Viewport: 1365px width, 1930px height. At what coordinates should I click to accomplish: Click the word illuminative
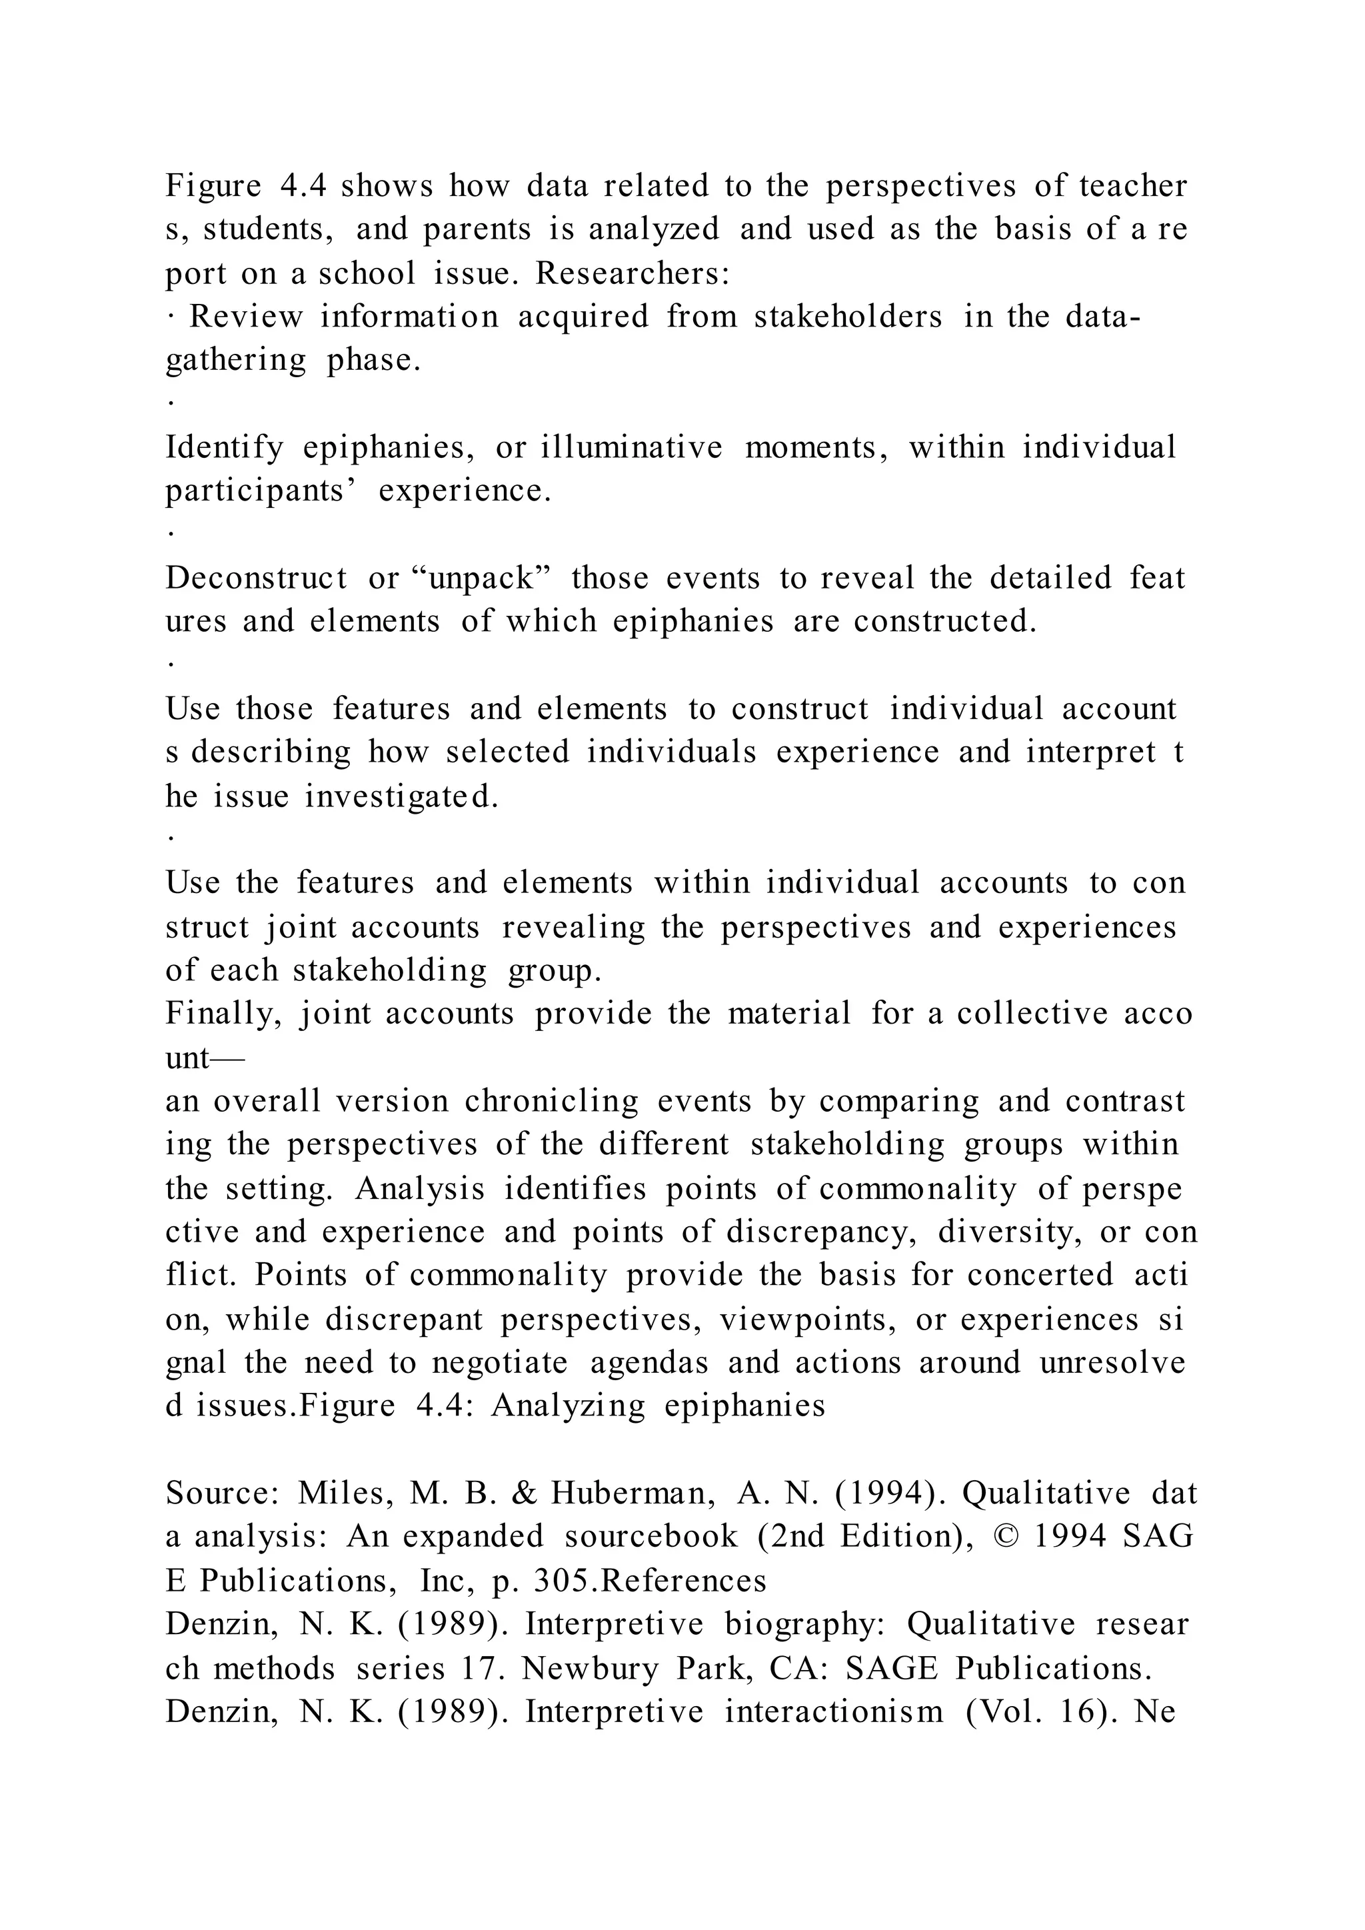point(631,447)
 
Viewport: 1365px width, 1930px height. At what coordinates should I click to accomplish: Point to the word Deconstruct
point(255,578)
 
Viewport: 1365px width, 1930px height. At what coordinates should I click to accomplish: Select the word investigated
point(401,796)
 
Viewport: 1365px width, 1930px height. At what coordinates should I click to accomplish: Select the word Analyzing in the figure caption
point(568,1406)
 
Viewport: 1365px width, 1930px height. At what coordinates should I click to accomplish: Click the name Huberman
point(634,1493)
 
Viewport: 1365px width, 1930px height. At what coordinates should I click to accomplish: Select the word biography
point(805,1624)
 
